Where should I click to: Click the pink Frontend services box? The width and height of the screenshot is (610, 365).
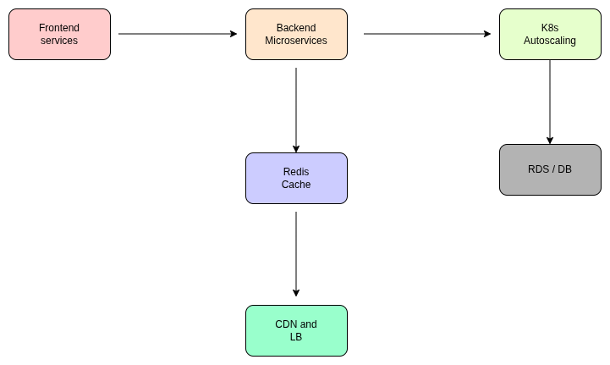[59, 35]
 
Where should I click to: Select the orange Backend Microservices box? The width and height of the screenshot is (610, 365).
[296, 35]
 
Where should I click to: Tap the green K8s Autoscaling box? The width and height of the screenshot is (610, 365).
[550, 35]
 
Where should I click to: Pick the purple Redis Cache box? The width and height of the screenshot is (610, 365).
[296, 179]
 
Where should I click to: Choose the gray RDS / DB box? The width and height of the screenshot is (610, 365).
[550, 169]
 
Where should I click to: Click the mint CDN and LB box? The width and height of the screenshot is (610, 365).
[296, 331]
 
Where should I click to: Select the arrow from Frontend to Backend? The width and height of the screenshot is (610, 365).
[178, 34]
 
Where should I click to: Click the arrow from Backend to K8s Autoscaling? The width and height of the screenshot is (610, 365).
[427, 34]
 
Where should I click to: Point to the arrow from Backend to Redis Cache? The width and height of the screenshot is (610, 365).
[296, 110]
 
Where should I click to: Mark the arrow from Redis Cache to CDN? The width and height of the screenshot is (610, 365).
[296, 254]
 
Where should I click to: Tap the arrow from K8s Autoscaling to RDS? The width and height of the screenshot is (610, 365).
[550, 102]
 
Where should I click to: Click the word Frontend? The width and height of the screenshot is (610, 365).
[59, 28]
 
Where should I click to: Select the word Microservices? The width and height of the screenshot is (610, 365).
[296, 41]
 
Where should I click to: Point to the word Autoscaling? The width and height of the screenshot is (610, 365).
[550, 41]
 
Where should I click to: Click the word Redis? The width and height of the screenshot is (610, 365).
[296, 172]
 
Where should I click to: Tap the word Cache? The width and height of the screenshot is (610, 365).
[296, 185]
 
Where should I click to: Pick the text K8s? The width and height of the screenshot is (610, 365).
[550, 28]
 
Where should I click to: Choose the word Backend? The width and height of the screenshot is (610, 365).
[296, 28]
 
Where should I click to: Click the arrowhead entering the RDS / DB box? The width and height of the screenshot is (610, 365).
[550, 140]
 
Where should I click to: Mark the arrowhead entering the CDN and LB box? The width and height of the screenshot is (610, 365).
[296, 292]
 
